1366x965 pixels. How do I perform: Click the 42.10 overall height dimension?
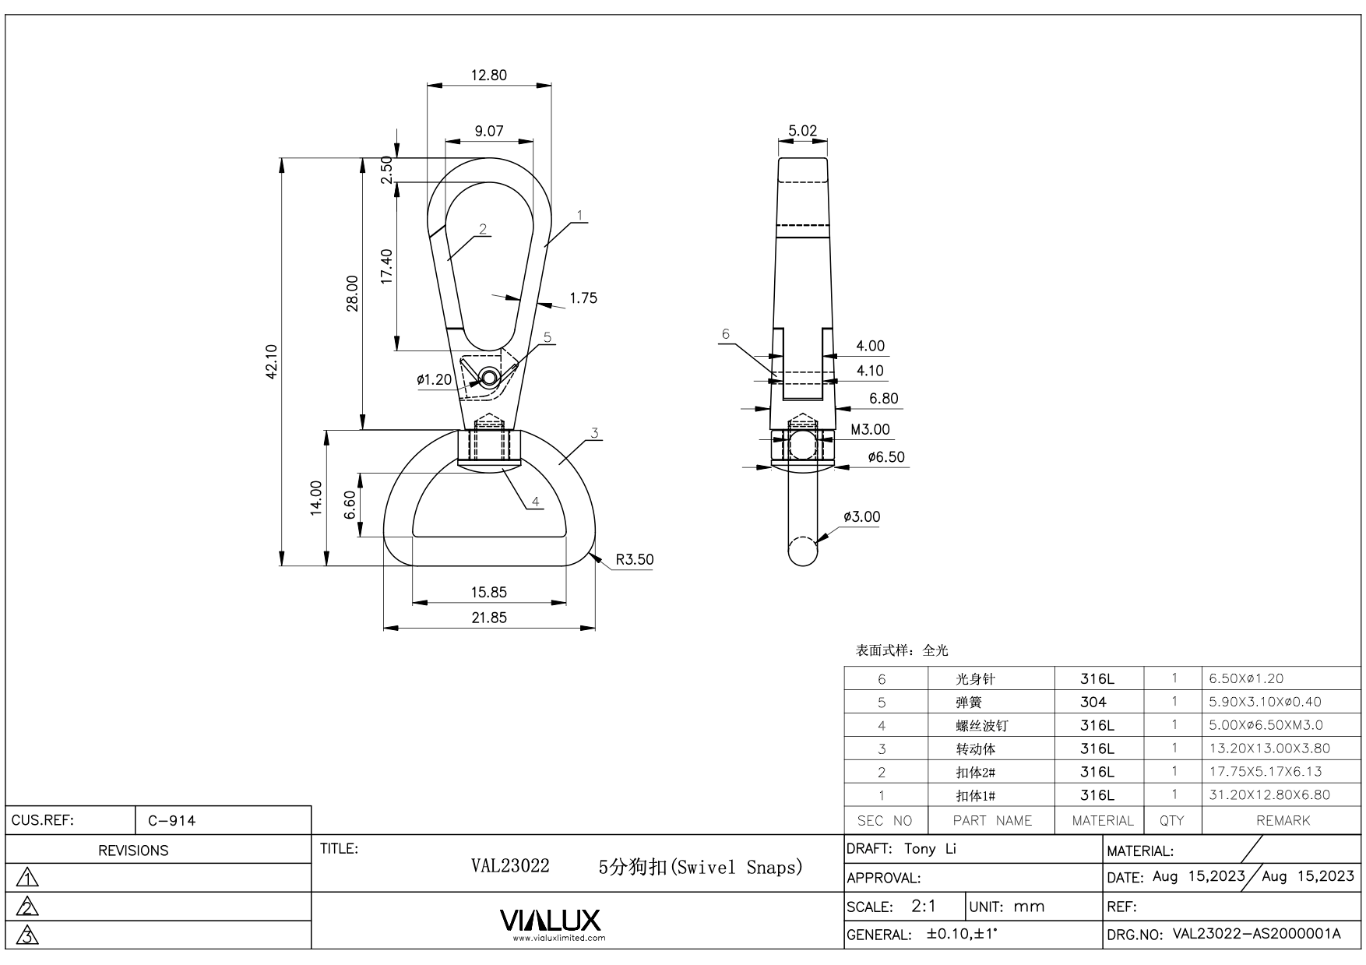tap(271, 362)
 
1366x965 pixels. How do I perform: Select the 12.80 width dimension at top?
tap(488, 76)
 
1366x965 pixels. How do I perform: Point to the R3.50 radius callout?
tap(634, 559)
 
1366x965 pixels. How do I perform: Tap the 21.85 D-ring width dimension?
tap(488, 618)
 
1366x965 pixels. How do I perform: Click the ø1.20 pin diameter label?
tap(434, 380)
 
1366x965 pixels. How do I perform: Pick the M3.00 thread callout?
tap(870, 429)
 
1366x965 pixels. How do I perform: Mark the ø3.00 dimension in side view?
tap(861, 516)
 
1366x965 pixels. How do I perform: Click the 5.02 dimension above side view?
tap(802, 131)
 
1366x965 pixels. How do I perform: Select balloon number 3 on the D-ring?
tap(594, 434)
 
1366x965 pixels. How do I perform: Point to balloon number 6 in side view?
tap(726, 335)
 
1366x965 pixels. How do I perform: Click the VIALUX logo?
tap(551, 921)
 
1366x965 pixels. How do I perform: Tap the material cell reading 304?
tap(1093, 702)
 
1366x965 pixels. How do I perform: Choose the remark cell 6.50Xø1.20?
tap(1246, 678)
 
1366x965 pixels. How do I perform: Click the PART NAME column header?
tap(991, 820)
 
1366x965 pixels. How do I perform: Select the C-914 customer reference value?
tap(171, 820)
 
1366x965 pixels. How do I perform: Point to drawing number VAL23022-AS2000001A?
tap(1256, 934)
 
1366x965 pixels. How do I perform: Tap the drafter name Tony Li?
tap(929, 849)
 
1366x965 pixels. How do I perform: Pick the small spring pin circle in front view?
tap(488, 378)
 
